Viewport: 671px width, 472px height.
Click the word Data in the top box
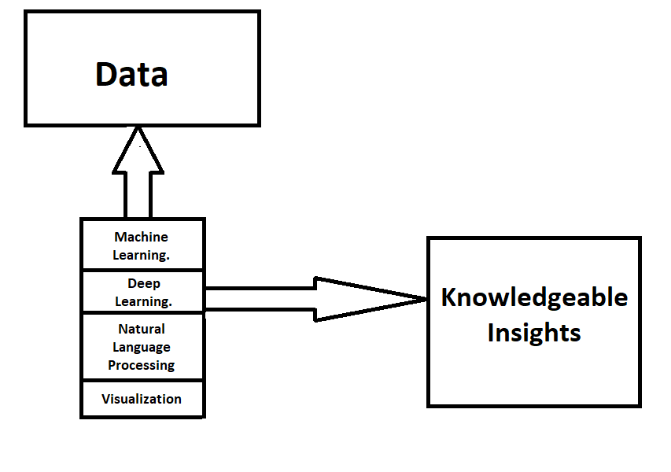[131, 74]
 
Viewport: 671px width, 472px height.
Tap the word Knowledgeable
[534, 297]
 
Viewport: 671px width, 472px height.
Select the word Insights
[534, 332]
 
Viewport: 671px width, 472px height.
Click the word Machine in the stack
[142, 237]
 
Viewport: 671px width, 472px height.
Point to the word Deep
[143, 283]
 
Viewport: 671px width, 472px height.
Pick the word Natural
[142, 329]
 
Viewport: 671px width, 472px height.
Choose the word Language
[142, 347]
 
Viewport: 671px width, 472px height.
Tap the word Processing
[142, 365]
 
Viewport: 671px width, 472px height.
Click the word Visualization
[142, 399]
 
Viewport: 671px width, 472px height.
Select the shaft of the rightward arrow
[260, 299]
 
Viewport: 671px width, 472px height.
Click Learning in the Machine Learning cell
[142, 255]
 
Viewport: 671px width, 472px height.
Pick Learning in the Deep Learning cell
[143, 301]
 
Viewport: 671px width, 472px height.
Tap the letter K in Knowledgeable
[448, 297]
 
